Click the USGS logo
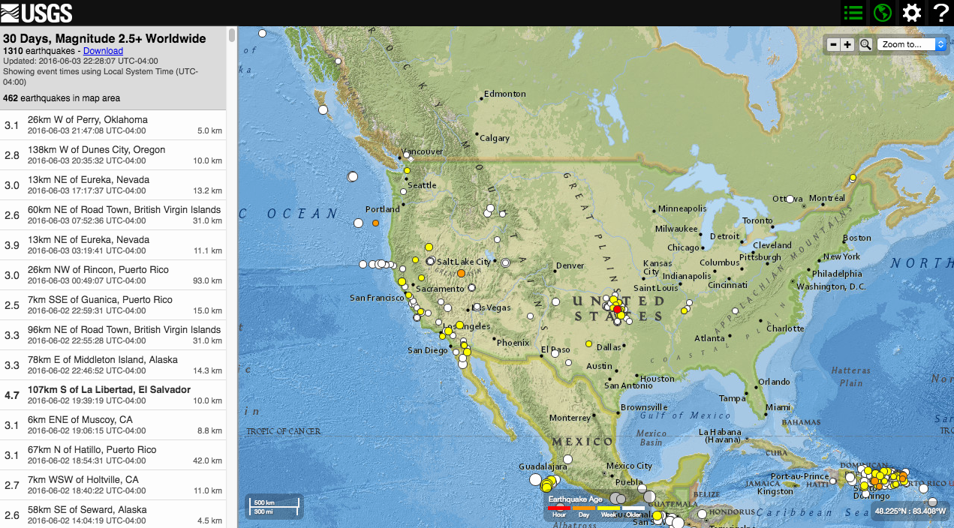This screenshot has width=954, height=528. (37, 12)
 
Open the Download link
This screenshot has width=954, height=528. (103, 51)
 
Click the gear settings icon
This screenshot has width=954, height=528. (911, 13)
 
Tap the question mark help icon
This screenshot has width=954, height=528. (940, 13)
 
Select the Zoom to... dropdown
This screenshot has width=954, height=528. (912, 44)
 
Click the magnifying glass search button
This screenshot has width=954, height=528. (865, 44)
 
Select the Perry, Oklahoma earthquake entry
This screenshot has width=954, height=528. (113, 125)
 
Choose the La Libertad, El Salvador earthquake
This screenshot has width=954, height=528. (113, 395)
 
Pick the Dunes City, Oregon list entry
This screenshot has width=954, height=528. (113, 155)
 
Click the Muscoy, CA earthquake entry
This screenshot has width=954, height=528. (113, 425)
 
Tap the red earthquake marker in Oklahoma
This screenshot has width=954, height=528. (617, 309)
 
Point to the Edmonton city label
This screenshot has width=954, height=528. (504, 94)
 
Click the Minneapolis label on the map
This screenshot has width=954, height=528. (682, 208)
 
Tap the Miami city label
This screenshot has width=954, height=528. (778, 407)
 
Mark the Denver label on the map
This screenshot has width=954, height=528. (570, 265)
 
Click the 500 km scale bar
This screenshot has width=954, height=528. (273, 506)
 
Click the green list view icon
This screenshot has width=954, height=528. (853, 13)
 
